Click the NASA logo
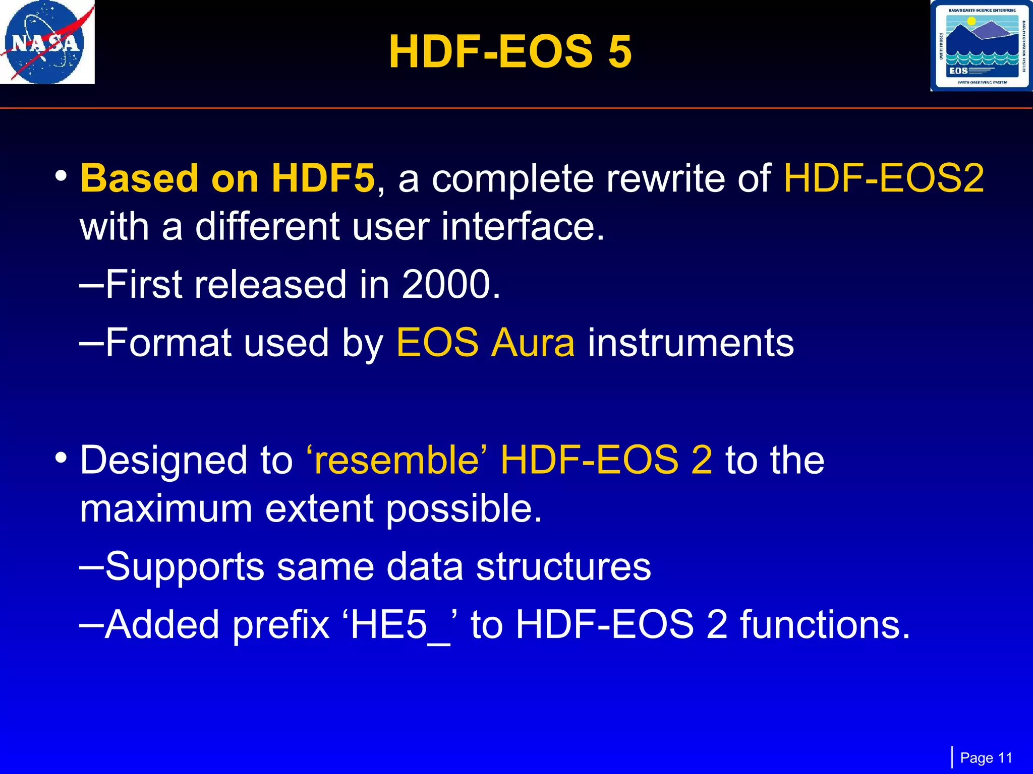pyautogui.click(x=47, y=42)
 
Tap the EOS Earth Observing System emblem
pyautogui.click(x=981, y=46)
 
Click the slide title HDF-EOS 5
pyautogui.click(x=510, y=52)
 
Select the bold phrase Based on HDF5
pyautogui.click(x=227, y=178)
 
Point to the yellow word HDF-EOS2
pyautogui.click(x=883, y=178)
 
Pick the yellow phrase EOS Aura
pyautogui.click(x=485, y=343)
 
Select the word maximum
pyautogui.click(x=166, y=508)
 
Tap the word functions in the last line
pyautogui.click(x=825, y=625)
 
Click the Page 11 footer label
pyautogui.click(x=986, y=758)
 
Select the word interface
pyautogui.click(x=523, y=227)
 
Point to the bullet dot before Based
pyautogui.click(x=62, y=176)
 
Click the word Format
pyautogui.click(x=168, y=343)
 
